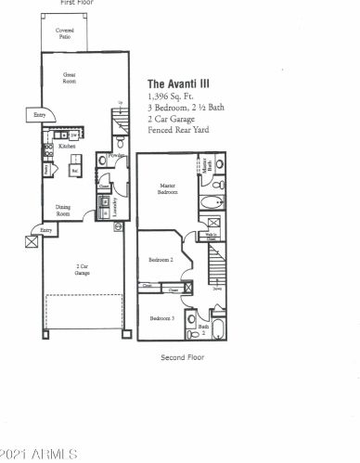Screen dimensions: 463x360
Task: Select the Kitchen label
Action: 67,147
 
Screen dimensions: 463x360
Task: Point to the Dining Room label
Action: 63,211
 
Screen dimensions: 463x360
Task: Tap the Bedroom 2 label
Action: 162,260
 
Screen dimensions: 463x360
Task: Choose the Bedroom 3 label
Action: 161,318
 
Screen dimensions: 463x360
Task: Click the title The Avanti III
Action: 182,81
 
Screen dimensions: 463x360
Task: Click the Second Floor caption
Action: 182,357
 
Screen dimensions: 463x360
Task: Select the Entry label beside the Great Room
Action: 39,114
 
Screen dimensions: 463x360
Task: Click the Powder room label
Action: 116,156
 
